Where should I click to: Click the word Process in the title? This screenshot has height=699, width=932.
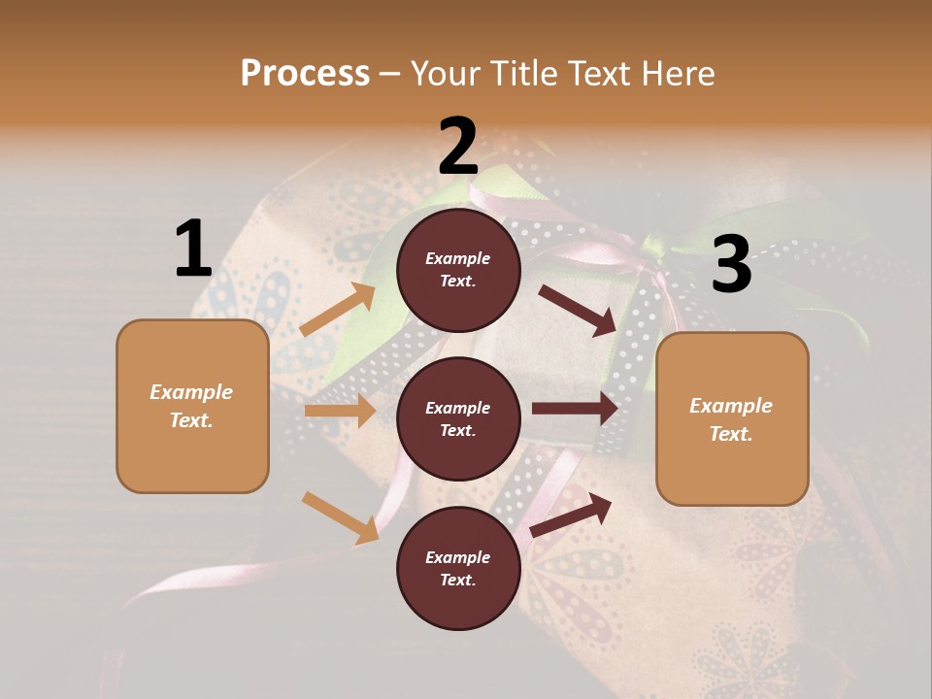[x=305, y=74]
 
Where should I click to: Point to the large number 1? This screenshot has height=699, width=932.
[x=193, y=250]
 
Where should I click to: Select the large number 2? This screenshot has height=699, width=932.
[x=458, y=147]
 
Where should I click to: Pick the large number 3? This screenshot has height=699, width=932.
[x=731, y=265]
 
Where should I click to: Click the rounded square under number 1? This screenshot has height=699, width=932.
[x=192, y=406]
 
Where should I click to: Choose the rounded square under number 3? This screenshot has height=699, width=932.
[x=732, y=419]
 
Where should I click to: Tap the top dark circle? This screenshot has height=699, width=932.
[x=458, y=270]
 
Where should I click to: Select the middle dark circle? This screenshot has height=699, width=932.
[x=458, y=418]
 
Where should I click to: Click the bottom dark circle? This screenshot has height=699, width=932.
[x=458, y=568]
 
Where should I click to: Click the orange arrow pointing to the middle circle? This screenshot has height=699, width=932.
[x=340, y=411]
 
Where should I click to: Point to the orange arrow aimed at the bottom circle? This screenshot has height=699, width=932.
[x=341, y=517]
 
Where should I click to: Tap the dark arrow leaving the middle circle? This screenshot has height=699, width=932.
[x=575, y=409]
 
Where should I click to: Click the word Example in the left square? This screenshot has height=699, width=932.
[x=191, y=392]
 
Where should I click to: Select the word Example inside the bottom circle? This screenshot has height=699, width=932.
[x=457, y=557]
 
